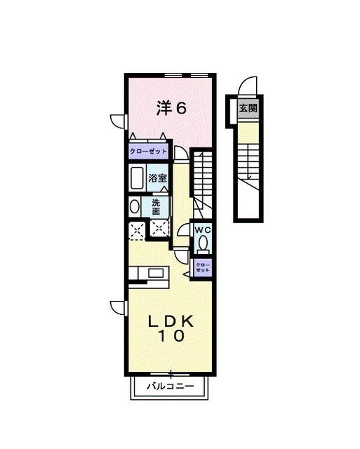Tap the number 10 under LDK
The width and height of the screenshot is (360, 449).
tap(171, 336)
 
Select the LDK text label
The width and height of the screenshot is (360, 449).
tap(171, 321)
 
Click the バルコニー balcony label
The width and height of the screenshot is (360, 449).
tap(169, 386)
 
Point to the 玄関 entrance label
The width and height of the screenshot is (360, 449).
tap(247, 109)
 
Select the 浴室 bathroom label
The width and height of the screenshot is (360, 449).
tap(158, 177)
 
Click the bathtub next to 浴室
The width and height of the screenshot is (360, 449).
tap(138, 178)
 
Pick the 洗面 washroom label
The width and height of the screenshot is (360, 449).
tap(156, 207)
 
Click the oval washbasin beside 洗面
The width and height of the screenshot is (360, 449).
tap(134, 207)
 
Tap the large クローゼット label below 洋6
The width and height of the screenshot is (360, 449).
tap(148, 152)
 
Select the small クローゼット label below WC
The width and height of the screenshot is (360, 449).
tap(202, 267)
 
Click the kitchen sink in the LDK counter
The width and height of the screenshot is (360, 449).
tap(154, 272)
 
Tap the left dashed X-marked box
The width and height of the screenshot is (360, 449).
tap(136, 227)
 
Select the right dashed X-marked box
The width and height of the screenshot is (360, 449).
tap(161, 227)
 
